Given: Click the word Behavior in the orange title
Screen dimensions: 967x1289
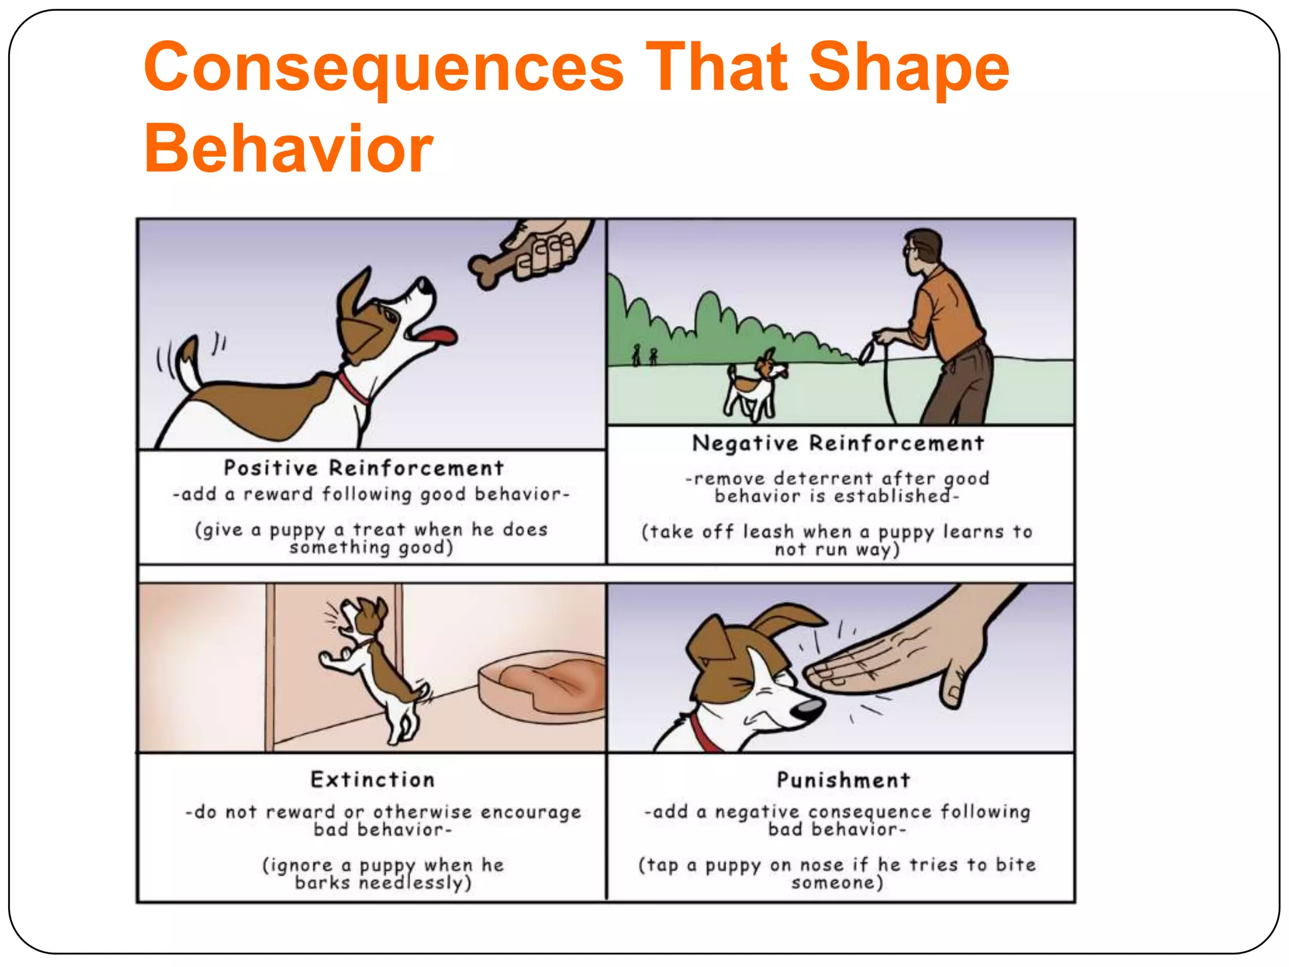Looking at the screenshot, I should [288, 149].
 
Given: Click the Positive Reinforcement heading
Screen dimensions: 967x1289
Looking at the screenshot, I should [364, 468].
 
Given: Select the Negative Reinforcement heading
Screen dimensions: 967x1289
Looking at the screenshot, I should [838, 443].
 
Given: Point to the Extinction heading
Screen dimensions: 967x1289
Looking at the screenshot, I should [373, 779].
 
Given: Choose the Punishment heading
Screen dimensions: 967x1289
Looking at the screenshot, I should [843, 780].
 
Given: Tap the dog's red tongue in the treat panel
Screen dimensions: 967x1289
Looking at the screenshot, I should [437, 334].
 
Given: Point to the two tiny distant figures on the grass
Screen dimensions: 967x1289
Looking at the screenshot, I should [644, 356].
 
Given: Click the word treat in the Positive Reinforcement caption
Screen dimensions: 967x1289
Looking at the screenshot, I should [379, 529].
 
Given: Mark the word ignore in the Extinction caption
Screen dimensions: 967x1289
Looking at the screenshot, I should [301, 866].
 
